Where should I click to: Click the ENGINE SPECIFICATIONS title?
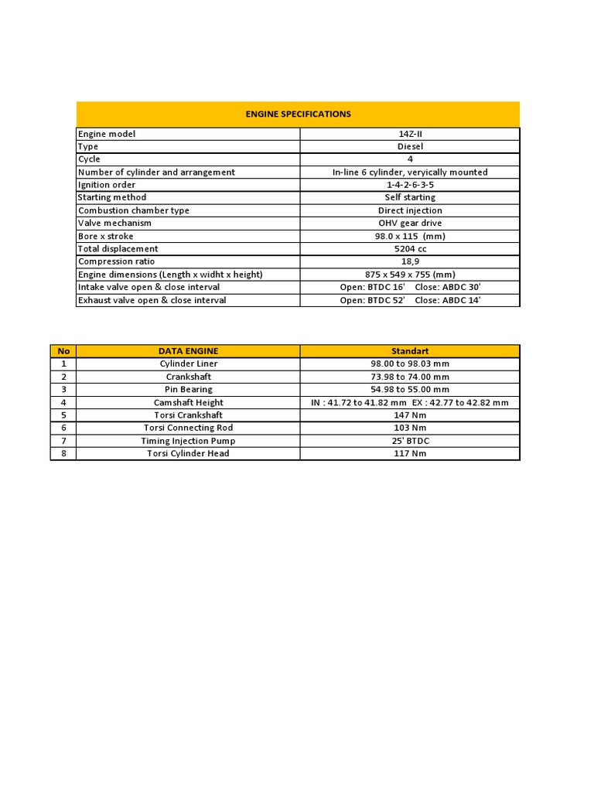coord(298,114)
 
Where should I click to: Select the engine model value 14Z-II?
coord(410,134)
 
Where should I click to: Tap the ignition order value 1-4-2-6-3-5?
coord(410,185)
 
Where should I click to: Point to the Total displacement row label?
coord(118,249)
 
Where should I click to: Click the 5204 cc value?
coord(410,249)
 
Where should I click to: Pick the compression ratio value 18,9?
coord(410,261)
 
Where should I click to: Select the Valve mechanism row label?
coord(114,223)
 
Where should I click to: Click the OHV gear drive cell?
coord(410,223)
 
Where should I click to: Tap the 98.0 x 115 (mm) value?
coord(410,236)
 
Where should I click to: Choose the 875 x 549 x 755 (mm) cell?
coord(410,275)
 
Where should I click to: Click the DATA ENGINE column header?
coord(188,351)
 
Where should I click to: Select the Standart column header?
coord(410,351)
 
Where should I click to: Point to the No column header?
coord(63,351)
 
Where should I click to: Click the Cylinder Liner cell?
coord(188,364)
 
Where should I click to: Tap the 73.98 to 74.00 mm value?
coord(410,377)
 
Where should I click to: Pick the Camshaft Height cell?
coord(188,402)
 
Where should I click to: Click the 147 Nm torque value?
coord(410,415)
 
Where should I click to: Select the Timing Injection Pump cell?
coord(188,441)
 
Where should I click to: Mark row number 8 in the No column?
coord(63,453)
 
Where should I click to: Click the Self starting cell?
coord(410,197)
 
